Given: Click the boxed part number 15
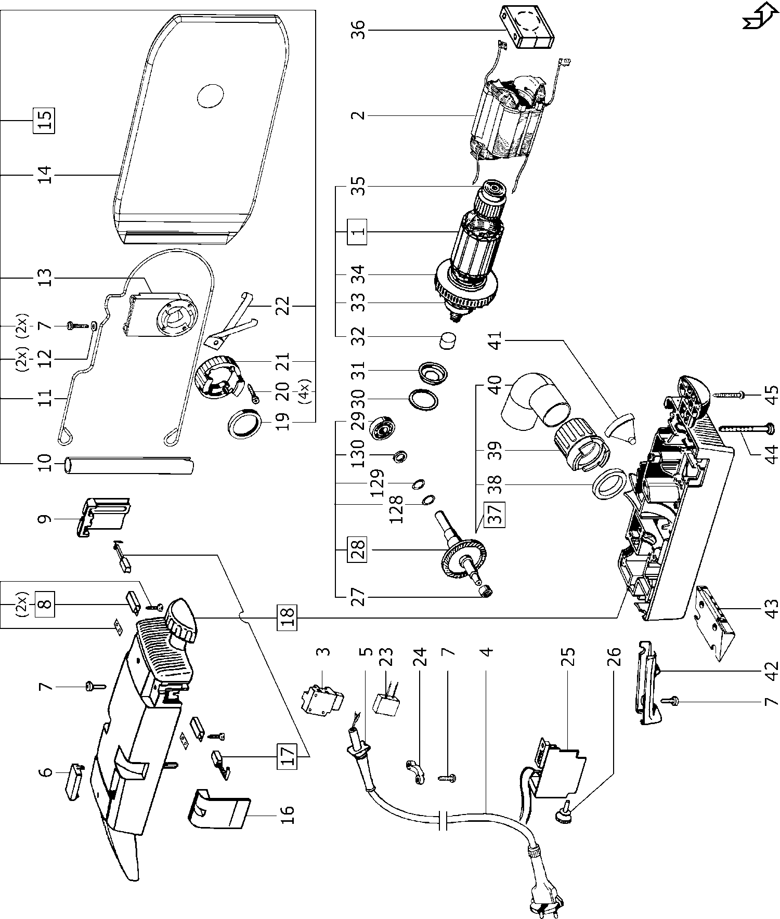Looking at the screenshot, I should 45,120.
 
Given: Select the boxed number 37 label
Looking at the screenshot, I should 496,515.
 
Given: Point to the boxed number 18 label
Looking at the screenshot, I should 289,618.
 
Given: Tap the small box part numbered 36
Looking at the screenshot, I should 527,28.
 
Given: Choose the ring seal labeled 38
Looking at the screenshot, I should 609,484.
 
